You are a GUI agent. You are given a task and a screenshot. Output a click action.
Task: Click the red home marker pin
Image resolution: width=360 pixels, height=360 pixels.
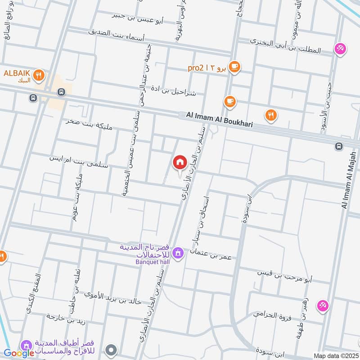click(180, 162)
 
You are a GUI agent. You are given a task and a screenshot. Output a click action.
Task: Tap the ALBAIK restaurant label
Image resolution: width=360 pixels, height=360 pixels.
click(17, 73)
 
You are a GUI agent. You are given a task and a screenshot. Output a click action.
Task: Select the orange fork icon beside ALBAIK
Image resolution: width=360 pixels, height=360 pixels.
click(39, 76)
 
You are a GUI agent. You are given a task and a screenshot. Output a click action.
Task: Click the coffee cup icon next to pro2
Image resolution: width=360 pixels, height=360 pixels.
click(234, 67)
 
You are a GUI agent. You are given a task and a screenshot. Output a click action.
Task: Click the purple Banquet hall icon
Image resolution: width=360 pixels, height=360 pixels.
click(178, 253)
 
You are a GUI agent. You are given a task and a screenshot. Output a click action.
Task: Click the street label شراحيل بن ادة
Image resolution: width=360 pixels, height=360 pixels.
click(175, 92)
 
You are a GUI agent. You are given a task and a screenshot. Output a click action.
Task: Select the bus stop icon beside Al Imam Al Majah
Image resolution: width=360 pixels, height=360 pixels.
click(338, 146)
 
